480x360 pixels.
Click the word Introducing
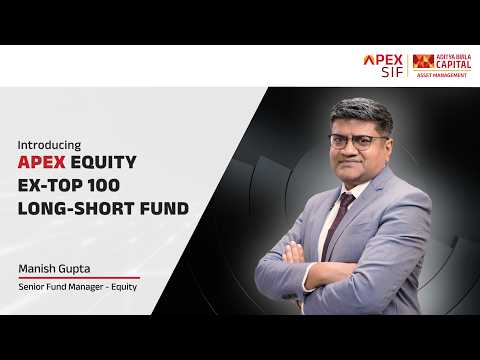pyautogui.click(x=49, y=145)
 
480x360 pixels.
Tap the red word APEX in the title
pyautogui.click(x=42, y=162)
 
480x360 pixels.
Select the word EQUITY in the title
pyautogui.click(x=104, y=162)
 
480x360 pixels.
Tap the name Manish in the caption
pyautogui.click(x=36, y=269)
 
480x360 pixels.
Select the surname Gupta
pyautogui.click(x=73, y=269)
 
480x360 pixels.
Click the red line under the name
pyautogui.click(x=79, y=277)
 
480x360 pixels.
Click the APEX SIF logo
pyautogui.click(x=383, y=66)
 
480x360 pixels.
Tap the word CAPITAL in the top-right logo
pyautogui.click(x=454, y=65)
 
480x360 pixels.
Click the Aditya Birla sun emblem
pyautogui.click(x=423, y=62)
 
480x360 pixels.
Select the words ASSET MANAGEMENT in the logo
pyautogui.click(x=442, y=75)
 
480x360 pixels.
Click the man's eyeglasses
pyautogui.click(x=357, y=142)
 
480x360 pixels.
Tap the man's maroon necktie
pyautogui.click(x=337, y=223)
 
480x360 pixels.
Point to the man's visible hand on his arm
pyautogui.click(x=294, y=252)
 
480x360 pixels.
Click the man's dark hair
pyautogui.click(x=363, y=112)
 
